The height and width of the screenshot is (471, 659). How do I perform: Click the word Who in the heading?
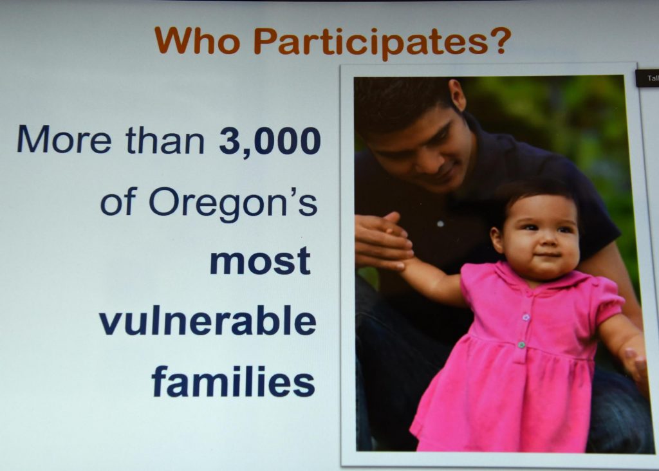coord(197,41)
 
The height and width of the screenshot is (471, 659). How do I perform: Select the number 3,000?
coord(270,142)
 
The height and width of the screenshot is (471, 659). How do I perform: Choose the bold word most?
coord(260,261)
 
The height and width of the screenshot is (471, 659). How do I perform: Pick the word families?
coord(233,381)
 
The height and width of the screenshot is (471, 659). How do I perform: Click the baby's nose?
coord(544,241)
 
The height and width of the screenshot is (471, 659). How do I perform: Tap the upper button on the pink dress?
coord(526,317)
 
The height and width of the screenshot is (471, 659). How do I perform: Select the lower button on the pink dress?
coord(521,344)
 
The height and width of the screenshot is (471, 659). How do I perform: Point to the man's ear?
coord(458,95)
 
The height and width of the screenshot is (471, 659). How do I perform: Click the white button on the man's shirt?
coord(440,224)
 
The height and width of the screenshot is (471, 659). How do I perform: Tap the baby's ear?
coord(497,239)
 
